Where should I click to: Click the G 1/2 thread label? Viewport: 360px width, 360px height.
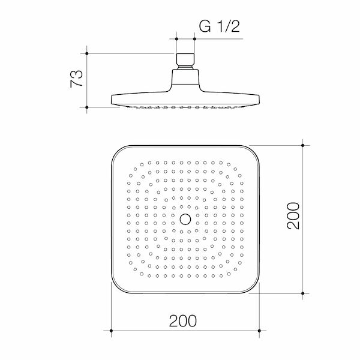[x=219, y=28]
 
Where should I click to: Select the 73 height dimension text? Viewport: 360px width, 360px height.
[x=76, y=79]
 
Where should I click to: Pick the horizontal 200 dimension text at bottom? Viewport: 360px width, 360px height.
[x=183, y=321]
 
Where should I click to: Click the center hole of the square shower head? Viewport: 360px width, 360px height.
[x=185, y=218]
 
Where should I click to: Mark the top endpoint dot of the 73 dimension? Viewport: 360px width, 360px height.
[x=88, y=53]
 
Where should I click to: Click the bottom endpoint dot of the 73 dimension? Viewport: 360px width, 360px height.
[x=88, y=107]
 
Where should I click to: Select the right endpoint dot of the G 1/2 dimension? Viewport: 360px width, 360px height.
[x=194, y=39]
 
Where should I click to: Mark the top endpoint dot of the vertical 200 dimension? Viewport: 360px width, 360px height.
[x=302, y=145]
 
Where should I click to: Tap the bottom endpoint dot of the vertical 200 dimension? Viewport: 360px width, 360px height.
[x=302, y=293]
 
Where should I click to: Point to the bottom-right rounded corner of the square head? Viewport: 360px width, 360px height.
[x=252, y=286]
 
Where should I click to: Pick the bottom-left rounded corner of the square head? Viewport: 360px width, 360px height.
[x=119, y=286]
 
